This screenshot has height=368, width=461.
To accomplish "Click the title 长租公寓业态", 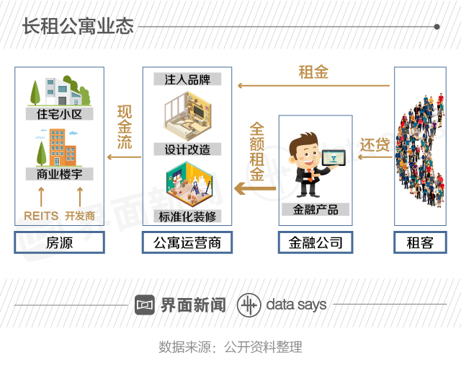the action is (x=78, y=27).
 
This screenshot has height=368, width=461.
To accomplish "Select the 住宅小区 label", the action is (x=59, y=114).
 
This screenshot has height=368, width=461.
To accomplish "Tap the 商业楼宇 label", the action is (x=59, y=174).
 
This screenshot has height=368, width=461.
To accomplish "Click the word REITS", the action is (x=41, y=216).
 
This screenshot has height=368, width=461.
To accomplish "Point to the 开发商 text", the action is (x=79, y=216).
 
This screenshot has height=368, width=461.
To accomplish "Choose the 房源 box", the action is (x=59, y=243).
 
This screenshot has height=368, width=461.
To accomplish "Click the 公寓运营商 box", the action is (x=187, y=243).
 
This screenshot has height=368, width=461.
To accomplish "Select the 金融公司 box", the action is (x=315, y=243).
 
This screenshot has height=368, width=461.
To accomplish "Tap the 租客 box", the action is (x=420, y=243).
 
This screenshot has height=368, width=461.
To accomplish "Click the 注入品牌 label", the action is (x=187, y=79).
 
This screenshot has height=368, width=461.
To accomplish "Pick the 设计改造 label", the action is (x=187, y=149).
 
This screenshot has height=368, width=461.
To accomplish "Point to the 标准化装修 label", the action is (x=187, y=216).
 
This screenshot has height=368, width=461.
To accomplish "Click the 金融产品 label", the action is (x=315, y=209).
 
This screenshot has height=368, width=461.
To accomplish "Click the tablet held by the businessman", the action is (x=334, y=158).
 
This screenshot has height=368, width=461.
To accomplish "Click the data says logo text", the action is (x=296, y=305).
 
